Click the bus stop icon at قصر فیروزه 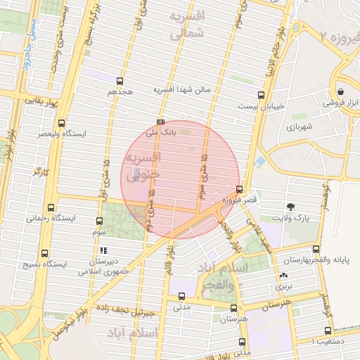click(240, 189)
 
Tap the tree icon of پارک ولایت click(290, 206)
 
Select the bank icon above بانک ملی click(160, 120)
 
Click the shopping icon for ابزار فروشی click(341, 91)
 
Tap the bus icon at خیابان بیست click(262, 95)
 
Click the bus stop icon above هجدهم click(120, 81)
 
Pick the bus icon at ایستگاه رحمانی click(50, 207)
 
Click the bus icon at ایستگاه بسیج click(45, 254)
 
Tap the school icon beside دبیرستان click(103, 250)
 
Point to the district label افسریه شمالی click(186, 23)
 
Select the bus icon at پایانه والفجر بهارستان click(315, 249)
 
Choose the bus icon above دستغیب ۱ click(327, 330)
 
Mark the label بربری click(283, 287)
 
